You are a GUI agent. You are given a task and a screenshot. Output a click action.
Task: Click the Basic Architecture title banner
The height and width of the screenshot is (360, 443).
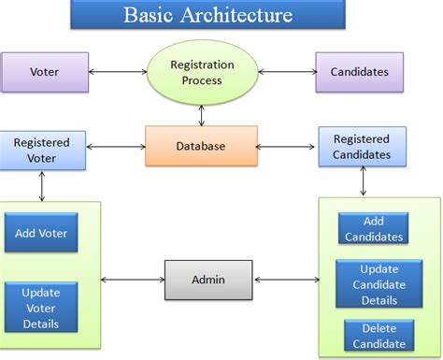click(x=207, y=15)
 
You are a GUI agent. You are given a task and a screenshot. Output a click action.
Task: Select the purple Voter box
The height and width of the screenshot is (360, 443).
click(x=44, y=72)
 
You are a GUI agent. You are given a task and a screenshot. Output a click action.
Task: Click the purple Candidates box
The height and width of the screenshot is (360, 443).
click(x=359, y=72)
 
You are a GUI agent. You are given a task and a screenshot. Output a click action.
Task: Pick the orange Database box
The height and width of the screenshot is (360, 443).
click(x=200, y=146)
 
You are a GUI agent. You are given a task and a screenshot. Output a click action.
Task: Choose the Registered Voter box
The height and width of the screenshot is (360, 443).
click(x=42, y=151)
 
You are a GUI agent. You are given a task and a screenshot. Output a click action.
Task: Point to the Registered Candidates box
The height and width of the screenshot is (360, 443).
click(x=361, y=148)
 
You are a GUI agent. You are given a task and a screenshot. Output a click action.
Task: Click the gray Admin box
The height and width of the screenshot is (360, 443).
click(x=207, y=279)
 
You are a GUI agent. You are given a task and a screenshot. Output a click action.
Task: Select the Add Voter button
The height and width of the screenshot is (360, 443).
click(x=40, y=233)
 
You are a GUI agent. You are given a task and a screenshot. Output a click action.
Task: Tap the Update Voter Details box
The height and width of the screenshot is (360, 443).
click(x=40, y=308)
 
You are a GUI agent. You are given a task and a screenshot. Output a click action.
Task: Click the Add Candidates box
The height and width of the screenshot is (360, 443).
click(x=373, y=229)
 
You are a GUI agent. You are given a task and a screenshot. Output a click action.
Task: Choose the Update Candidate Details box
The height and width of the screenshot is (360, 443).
click(x=379, y=284)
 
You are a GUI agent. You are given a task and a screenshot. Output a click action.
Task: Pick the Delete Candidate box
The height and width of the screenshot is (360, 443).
click(x=379, y=335)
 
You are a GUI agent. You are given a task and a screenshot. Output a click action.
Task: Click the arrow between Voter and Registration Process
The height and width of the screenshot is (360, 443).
click(x=117, y=72)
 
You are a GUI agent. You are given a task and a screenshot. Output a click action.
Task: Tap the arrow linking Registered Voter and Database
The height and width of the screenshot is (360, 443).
click(x=115, y=147)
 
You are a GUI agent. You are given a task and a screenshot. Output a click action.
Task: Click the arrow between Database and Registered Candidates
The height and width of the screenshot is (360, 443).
click(x=287, y=147)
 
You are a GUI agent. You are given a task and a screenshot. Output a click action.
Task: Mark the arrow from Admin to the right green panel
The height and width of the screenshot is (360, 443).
click(x=286, y=279)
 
